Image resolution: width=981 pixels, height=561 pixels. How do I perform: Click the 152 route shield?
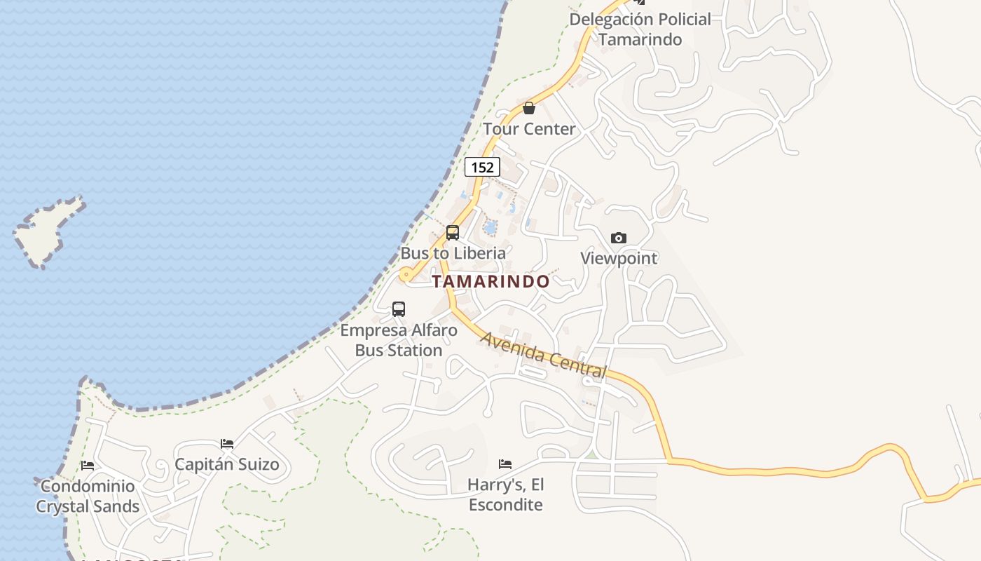[x=482, y=167]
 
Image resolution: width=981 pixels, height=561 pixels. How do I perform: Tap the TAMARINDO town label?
[x=490, y=282]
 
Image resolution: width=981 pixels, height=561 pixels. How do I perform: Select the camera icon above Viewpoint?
[x=618, y=238]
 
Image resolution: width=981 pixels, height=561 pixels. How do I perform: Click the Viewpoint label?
[x=619, y=258]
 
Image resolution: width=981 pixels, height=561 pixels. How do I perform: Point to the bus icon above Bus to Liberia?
[x=453, y=233]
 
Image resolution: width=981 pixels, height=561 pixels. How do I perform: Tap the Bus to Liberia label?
[x=453, y=253]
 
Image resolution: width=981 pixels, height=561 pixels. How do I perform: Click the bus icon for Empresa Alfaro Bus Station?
[x=399, y=309]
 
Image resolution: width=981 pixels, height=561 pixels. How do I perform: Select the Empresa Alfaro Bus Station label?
[x=399, y=340]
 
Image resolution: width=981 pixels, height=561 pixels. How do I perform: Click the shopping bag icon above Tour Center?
[x=529, y=108]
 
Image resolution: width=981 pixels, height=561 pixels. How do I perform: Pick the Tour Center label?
[x=529, y=129]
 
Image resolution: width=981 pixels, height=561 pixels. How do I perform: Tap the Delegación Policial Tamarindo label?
[x=640, y=29]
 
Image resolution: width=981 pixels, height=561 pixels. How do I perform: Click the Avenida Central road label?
[x=543, y=355]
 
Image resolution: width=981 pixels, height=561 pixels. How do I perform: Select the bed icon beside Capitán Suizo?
[x=227, y=443]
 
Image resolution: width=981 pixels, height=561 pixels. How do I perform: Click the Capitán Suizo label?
[x=227, y=464]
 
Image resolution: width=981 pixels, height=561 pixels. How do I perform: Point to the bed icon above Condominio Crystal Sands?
[x=88, y=465]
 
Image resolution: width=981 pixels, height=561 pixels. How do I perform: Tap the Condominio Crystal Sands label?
[x=88, y=496]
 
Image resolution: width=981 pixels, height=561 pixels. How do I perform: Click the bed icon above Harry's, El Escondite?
[x=505, y=464]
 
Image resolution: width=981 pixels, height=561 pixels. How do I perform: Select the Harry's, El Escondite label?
[x=505, y=494]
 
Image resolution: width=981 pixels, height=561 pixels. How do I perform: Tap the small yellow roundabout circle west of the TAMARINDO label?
[x=406, y=276]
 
